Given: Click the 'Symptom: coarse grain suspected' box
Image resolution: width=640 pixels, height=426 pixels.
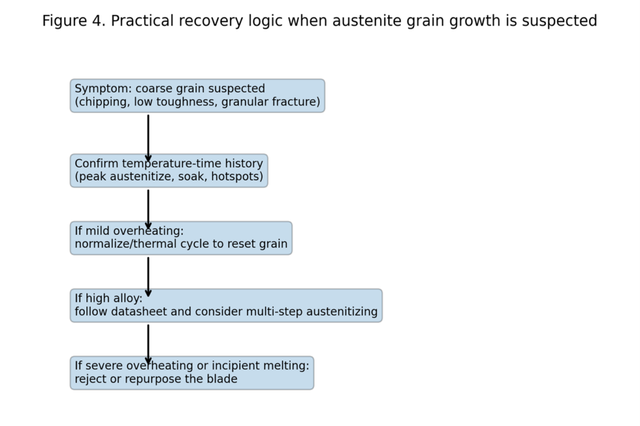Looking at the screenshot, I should coord(197,96).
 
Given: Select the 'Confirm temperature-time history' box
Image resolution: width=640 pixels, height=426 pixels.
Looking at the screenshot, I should coord(169,171).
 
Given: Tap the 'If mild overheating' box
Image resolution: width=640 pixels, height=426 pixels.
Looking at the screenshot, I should coord(181,238).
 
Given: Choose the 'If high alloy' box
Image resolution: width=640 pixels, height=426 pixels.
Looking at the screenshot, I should coord(226,305).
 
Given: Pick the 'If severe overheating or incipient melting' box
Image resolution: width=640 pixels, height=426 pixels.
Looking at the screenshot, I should coord(191,373).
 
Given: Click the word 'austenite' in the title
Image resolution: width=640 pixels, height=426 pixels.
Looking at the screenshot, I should coord(363,21).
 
